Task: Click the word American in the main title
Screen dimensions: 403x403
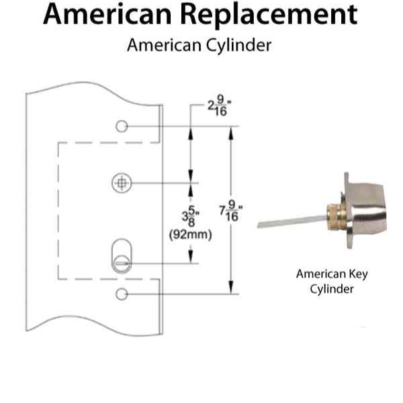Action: click(110, 15)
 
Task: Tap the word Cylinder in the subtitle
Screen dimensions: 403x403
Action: click(236, 46)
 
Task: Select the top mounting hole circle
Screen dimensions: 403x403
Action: click(122, 126)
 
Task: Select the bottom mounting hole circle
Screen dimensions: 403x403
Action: click(122, 294)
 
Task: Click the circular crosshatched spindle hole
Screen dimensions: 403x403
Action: click(122, 183)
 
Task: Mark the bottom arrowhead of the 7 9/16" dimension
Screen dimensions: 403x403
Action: click(233, 289)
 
